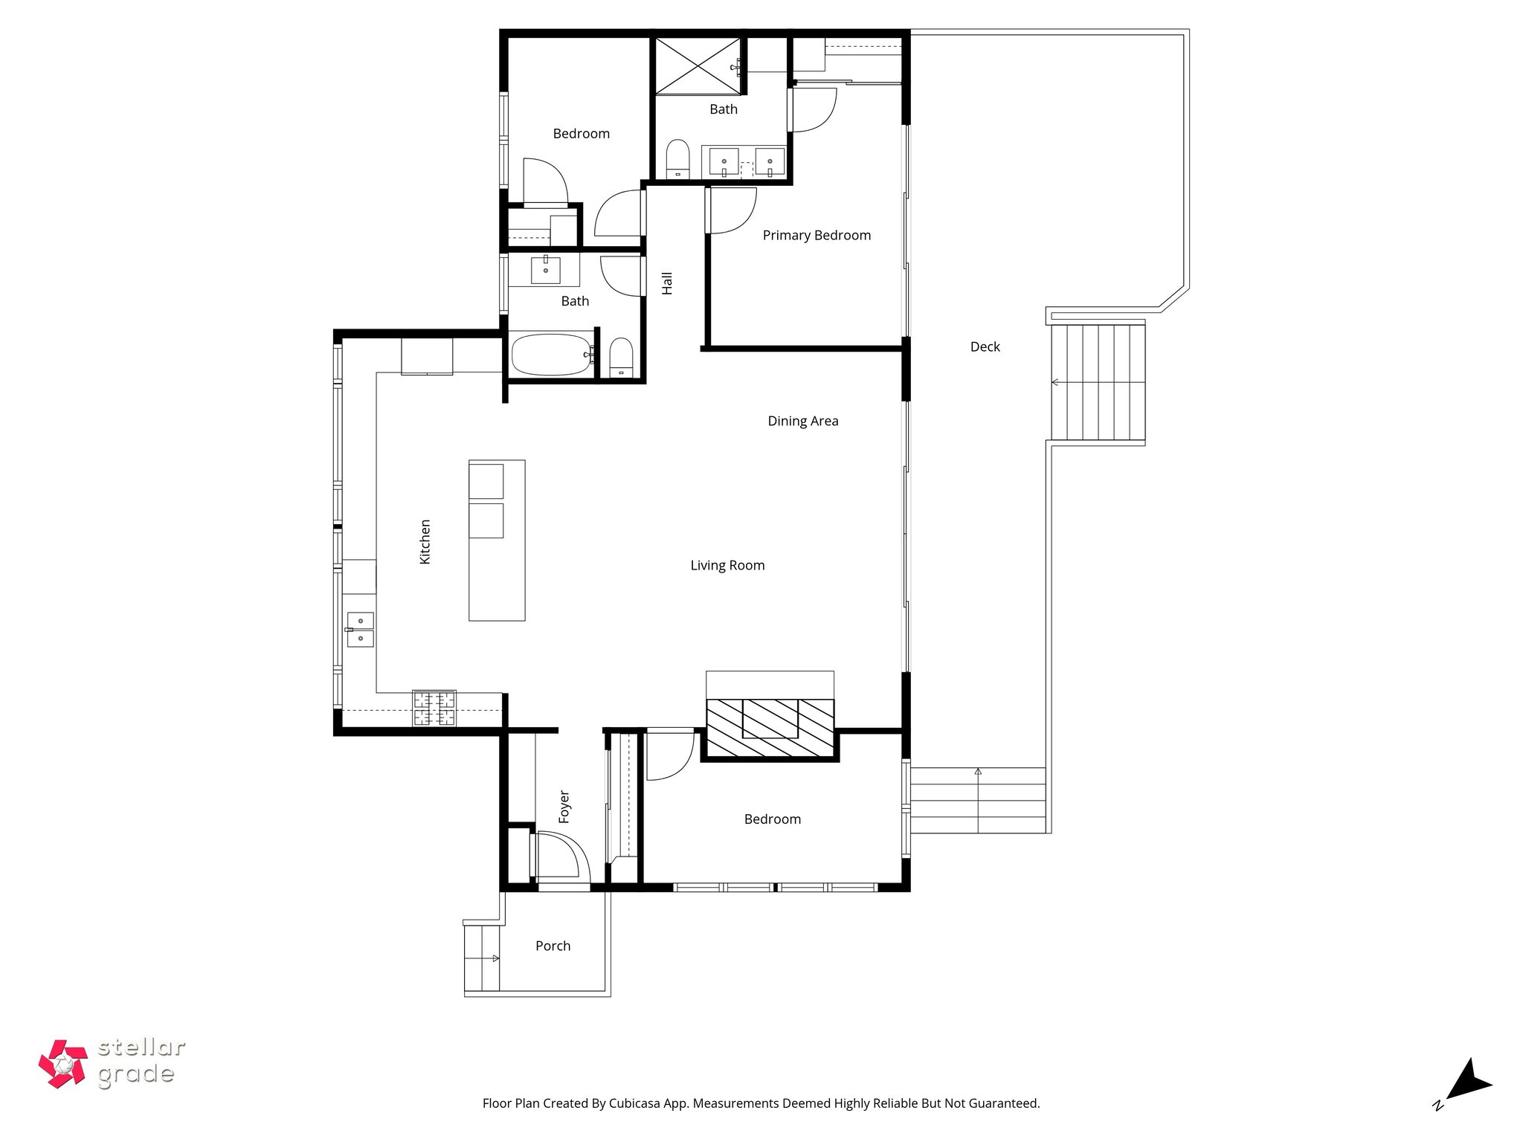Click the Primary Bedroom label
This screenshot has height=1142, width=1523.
coord(817,236)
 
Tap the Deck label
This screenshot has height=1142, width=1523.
coord(985,347)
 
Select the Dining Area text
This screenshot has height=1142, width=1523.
coord(802,422)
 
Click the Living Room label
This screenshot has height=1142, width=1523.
coord(727,566)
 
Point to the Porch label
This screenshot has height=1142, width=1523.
coord(553,946)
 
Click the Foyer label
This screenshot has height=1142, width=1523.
coord(564,807)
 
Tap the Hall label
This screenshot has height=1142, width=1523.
coord(667,283)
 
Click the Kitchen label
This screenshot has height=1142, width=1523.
coord(425,541)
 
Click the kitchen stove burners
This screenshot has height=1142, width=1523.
coord(434,709)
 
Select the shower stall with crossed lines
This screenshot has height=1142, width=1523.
coord(698,66)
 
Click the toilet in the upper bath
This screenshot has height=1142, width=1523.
coord(677,158)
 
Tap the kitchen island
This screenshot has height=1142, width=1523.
coord(497,541)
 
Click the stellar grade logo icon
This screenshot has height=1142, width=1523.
coord(63,1064)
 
